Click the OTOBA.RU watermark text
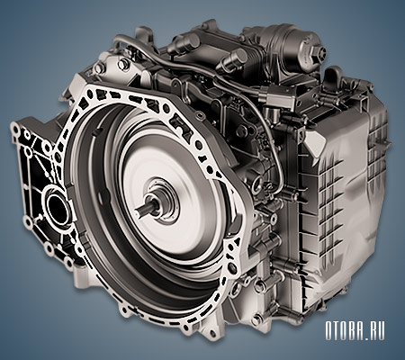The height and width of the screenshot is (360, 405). pos(355,331)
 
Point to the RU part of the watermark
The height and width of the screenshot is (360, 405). pos(376,331)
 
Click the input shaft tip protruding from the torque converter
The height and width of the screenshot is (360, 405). pos(139,210)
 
